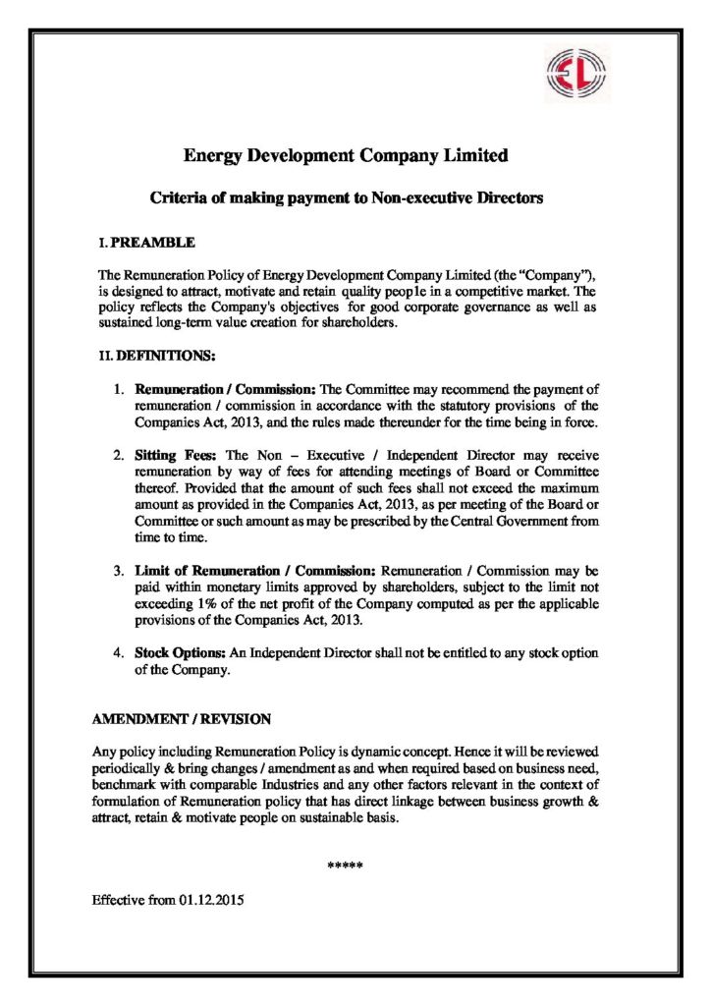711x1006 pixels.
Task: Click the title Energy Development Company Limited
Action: click(347, 156)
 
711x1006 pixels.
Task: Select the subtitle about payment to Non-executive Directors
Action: click(346, 197)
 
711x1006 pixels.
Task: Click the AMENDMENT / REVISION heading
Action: click(181, 719)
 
